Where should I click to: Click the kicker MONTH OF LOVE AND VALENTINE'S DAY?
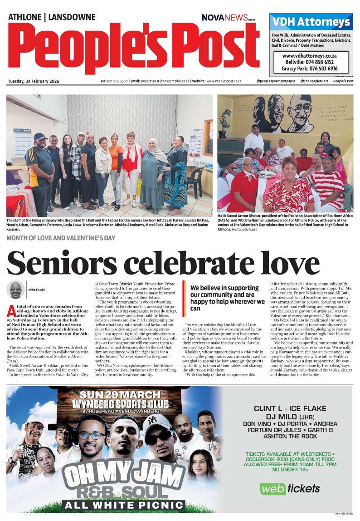click(x=61, y=238)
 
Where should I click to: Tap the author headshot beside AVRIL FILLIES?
click(x=16, y=290)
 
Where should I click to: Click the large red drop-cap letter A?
click(x=11, y=311)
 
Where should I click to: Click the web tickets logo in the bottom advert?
click(x=290, y=488)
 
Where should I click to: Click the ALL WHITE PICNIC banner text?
click(x=123, y=505)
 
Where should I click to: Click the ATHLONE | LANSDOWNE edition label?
click(x=52, y=17)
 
